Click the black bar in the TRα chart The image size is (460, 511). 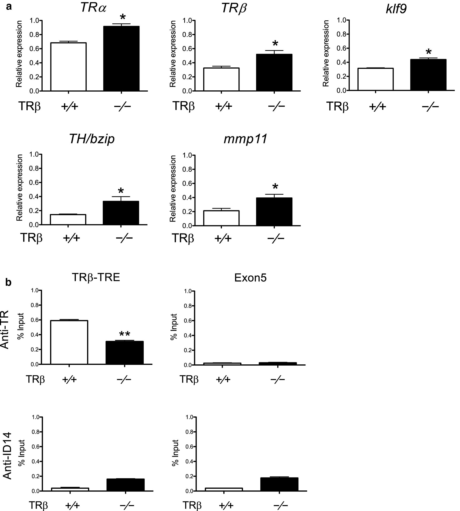[121, 58]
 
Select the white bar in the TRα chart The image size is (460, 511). [69, 67]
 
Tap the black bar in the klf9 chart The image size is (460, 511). [428, 75]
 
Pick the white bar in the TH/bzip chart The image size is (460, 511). [68, 219]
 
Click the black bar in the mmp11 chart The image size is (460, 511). [274, 212]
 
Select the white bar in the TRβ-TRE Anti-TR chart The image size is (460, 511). [69, 342]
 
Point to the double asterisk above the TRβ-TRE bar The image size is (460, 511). [124, 334]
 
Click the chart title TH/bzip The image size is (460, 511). [92, 139]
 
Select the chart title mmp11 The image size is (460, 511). [245, 139]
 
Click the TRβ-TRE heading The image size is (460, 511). [96, 277]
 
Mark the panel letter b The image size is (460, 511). [9, 283]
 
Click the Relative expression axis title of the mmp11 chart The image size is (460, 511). [173, 189]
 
